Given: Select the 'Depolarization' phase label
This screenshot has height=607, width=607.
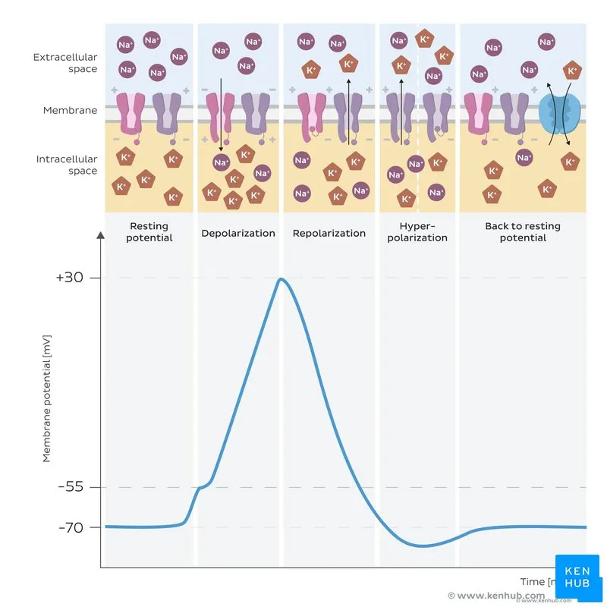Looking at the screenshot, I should pyautogui.click(x=238, y=233).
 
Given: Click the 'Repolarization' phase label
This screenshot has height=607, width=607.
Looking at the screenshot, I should pyautogui.click(x=329, y=233).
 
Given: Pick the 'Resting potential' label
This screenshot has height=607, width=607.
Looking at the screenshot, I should pyautogui.click(x=149, y=231).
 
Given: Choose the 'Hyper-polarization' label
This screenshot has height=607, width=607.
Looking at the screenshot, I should pyautogui.click(x=417, y=231).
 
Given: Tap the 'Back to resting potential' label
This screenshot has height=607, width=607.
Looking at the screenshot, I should pyautogui.click(x=523, y=231).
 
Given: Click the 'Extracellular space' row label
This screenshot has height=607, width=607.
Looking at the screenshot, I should pyautogui.click(x=65, y=63).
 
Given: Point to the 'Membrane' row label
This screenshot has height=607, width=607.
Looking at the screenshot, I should pyautogui.click(x=70, y=110).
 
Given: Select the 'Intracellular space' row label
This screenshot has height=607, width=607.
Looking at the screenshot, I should pyautogui.click(x=67, y=165).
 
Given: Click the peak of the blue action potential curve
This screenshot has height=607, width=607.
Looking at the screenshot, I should pyautogui.click(x=281, y=279).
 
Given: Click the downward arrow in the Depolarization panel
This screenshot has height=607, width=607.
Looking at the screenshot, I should pyautogui.click(x=221, y=114).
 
